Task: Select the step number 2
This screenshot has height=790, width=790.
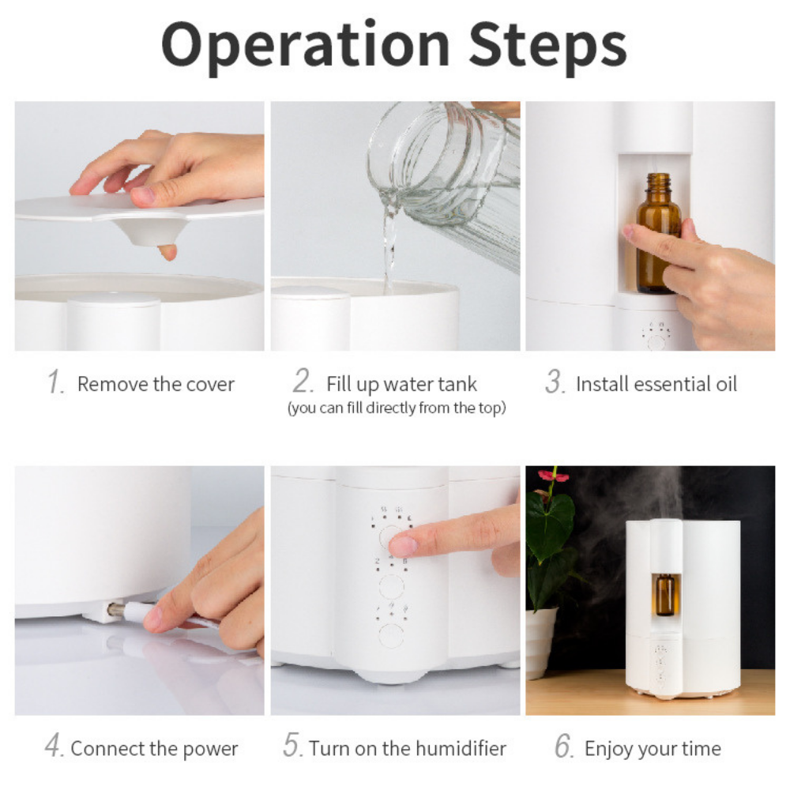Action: coord(303,381)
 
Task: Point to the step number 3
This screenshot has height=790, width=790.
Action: coord(555,382)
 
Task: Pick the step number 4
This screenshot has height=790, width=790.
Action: coord(54,745)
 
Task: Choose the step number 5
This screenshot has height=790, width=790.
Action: coord(292,745)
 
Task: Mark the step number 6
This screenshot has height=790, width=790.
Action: coord(564,746)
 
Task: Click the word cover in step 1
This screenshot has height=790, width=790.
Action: coord(210,385)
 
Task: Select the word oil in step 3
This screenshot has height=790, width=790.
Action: coord(726,384)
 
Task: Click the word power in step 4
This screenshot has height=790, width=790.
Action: coord(210,750)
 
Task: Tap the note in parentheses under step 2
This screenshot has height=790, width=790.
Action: coord(397,408)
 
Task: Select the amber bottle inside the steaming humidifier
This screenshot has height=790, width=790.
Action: coord(665,595)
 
